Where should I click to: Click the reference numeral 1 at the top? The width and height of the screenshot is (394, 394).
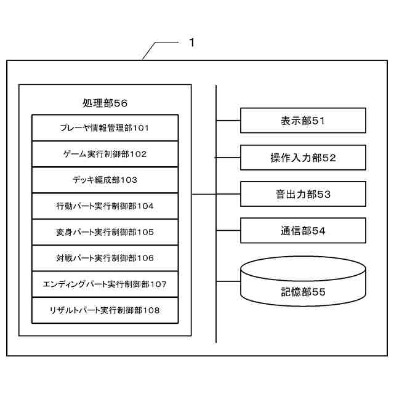191,42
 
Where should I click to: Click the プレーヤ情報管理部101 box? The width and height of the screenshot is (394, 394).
105,128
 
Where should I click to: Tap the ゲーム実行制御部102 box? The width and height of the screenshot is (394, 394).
105,154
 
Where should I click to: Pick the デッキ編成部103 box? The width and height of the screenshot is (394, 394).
105,180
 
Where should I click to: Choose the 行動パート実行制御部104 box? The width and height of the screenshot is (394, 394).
105,206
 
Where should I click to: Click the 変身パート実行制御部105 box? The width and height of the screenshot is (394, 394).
105,232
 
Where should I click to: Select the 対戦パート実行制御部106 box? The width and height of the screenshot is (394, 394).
105,258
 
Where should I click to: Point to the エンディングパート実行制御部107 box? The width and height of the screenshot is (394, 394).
105,284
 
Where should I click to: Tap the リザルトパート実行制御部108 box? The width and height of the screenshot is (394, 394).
105,310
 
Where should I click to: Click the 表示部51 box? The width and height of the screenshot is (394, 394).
303,121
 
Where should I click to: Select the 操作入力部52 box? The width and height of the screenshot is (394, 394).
303,158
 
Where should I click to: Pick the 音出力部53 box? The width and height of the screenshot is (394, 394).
303,194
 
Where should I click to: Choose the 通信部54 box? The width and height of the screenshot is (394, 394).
303,231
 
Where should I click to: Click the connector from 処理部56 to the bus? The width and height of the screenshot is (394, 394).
203,195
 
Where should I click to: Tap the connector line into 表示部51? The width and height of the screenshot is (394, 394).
228,121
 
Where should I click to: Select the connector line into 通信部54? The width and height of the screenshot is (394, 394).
228,231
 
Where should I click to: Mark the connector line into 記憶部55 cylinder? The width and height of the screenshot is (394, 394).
228,281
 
